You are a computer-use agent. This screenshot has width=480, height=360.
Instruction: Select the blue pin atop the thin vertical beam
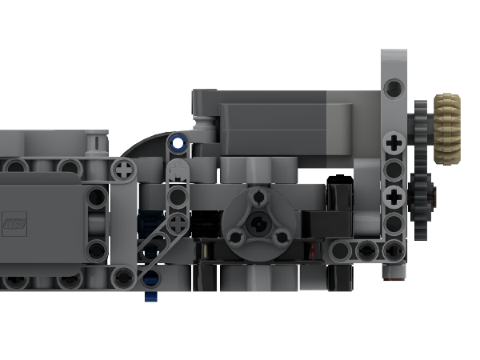178,144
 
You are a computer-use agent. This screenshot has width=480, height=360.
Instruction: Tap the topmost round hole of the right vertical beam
393,86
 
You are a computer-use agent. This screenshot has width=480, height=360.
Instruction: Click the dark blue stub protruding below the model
150,297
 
